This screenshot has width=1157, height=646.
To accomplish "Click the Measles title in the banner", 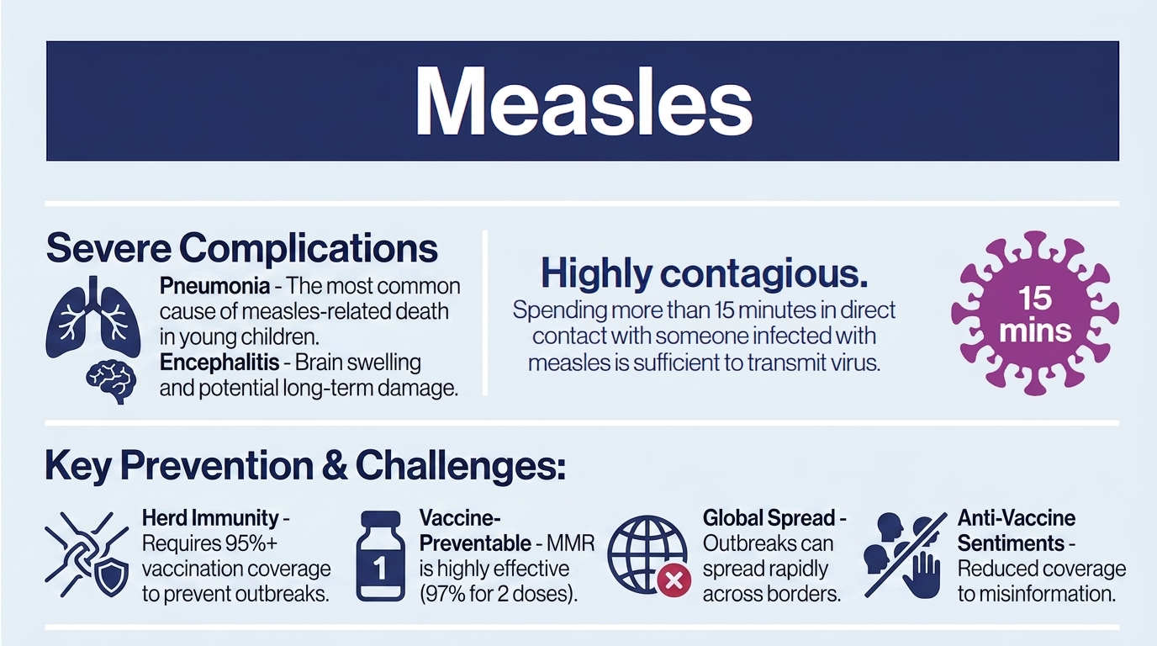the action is [584, 101].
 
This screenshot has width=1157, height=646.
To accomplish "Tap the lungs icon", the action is [93, 317].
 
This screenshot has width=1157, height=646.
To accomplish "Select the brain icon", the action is [110, 381].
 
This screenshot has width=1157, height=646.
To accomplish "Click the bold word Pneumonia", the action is [214, 286].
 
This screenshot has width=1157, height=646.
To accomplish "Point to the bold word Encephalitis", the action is [219, 362].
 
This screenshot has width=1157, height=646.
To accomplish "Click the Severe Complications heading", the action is [241, 249].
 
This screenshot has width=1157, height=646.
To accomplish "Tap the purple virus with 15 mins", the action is [1035, 313].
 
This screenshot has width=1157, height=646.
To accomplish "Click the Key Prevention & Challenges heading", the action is [304, 466].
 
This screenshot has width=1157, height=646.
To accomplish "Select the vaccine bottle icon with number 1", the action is [381, 556].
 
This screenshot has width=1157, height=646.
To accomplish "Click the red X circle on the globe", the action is [674, 580].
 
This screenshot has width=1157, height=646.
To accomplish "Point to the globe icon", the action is [647, 555].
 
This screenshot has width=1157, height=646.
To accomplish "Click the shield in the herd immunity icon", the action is [112, 578].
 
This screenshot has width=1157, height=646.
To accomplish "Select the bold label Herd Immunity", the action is [210, 518].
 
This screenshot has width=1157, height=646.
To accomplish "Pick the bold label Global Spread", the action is [769, 518].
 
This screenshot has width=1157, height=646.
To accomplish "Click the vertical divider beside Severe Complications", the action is [485, 313].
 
